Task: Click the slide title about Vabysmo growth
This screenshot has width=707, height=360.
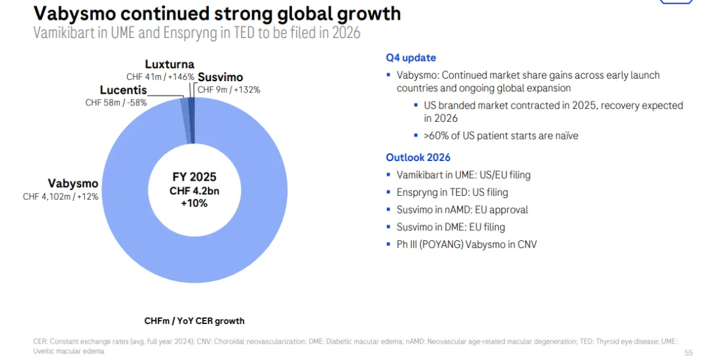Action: click(x=217, y=14)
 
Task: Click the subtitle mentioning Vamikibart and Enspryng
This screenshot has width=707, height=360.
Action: click(x=196, y=33)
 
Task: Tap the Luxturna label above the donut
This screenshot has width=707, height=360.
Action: click(x=170, y=64)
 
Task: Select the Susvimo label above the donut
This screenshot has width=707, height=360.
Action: click(x=220, y=77)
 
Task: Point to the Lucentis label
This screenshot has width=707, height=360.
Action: click(x=123, y=90)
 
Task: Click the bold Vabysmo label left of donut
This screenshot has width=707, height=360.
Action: click(x=73, y=183)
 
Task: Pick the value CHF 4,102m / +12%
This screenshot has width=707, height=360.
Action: click(x=61, y=196)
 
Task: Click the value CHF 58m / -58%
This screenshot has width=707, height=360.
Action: click(x=116, y=103)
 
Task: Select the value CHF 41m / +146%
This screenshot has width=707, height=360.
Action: click(x=160, y=77)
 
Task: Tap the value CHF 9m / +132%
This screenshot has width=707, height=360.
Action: click(x=228, y=90)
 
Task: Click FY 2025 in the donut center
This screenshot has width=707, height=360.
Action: click(x=194, y=177)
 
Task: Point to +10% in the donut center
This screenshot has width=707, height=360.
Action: click(x=194, y=203)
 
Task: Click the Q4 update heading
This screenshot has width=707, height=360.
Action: click(x=410, y=58)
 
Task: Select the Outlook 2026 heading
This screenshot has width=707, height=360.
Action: click(x=418, y=157)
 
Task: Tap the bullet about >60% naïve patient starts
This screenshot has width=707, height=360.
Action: click(x=501, y=135)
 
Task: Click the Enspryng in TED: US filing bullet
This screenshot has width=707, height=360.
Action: click(x=452, y=192)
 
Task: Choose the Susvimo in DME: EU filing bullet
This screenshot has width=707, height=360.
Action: click(x=450, y=227)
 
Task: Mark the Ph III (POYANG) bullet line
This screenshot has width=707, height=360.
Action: click(x=467, y=245)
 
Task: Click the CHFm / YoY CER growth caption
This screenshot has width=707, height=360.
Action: click(x=194, y=321)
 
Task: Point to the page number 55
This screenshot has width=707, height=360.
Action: click(x=688, y=353)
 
